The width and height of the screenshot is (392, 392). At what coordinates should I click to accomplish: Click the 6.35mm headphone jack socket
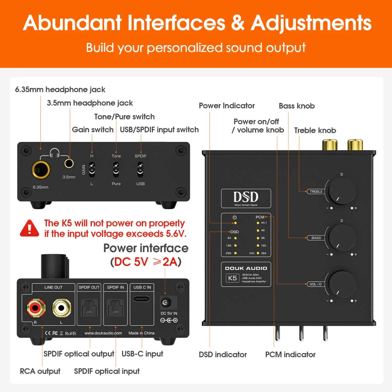[x=41, y=170]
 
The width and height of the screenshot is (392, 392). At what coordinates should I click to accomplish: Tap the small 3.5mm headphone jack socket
[x=69, y=164]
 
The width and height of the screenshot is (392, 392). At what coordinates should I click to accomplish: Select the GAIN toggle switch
[x=92, y=170]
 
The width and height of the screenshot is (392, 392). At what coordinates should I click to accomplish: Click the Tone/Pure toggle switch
[x=116, y=170]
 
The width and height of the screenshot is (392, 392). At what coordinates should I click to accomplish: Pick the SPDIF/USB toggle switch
[x=140, y=170]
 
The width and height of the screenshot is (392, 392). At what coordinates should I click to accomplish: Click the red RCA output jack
[x=36, y=308]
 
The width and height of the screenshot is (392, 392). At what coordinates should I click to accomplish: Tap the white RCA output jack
[x=62, y=308]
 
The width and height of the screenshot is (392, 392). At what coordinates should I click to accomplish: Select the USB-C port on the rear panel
[x=142, y=299]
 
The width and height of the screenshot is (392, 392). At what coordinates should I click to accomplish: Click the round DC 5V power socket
[x=166, y=303]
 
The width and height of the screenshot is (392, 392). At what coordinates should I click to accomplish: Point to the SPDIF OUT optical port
[x=89, y=308]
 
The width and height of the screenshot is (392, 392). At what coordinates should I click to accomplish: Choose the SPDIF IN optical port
[x=115, y=308]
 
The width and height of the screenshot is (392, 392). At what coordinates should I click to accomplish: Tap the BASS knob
[x=342, y=237]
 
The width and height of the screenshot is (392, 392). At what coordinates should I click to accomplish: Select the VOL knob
[x=342, y=284]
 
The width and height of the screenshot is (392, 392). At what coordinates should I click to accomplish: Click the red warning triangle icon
[x=29, y=228]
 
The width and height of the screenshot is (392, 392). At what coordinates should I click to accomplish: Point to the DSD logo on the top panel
[x=246, y=198]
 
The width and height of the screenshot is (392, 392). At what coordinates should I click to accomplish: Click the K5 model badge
[x=232, y=278]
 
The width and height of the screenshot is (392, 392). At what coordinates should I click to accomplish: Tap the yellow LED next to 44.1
[x=258, y=223]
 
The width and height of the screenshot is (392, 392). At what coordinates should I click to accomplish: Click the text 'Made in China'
[x=141, y=333]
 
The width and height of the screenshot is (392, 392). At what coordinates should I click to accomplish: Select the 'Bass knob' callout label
[x=296, y=106]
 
